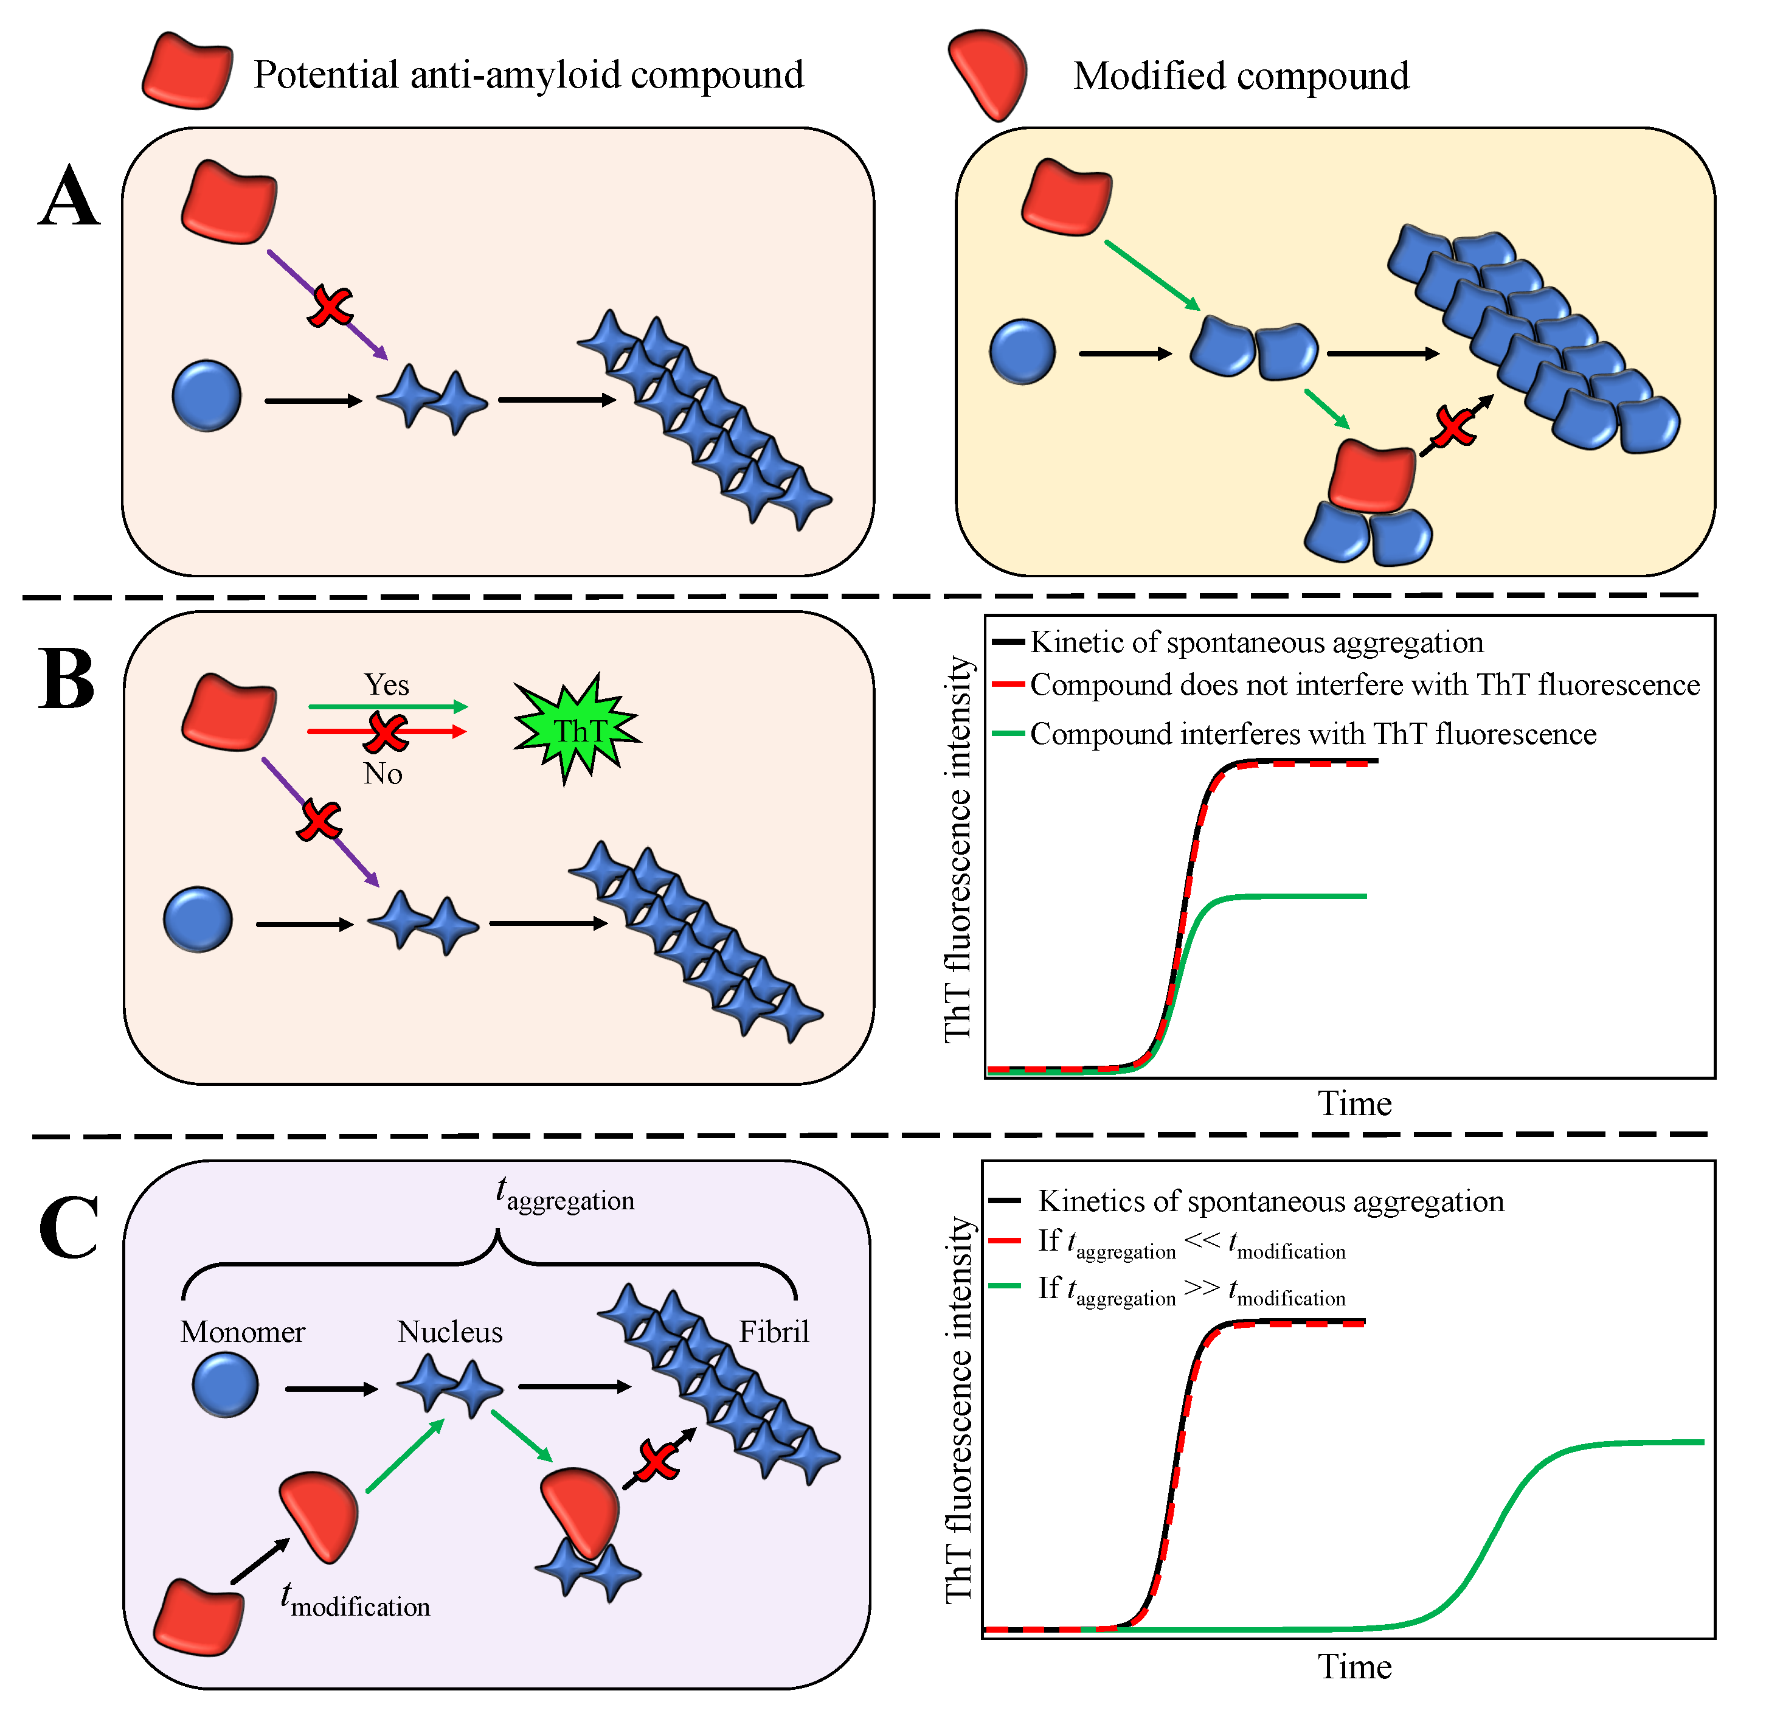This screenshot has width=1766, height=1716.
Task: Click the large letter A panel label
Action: pos(69,197)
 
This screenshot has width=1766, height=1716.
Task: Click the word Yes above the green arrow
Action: pos(387,685)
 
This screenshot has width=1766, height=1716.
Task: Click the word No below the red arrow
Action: pos(383,773)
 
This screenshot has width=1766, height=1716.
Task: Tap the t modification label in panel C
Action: pos(355,1600)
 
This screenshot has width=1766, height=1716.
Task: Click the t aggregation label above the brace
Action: pos(565,1195)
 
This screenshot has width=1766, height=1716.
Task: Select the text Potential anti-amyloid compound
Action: pos(528,75)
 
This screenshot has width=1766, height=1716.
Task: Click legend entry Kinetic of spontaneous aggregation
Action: pos(1256,642)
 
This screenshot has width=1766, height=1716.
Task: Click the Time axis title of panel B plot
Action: pos(1354,1104)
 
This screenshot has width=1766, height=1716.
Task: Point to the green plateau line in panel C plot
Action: pos(1640,1443)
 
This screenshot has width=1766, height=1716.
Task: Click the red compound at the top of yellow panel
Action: pos(1067,197)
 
